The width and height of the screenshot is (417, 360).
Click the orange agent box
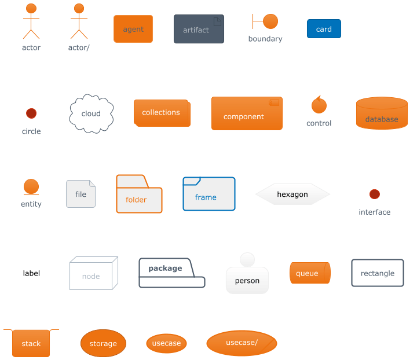pyautogui.click(x=133, y=29)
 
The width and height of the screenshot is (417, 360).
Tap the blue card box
pyautogui.click(x=324, y=29)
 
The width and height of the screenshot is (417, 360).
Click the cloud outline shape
pyautogui.click(x=91, y=113)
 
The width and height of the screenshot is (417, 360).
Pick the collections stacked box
pyautogui.click(x=162, y=113)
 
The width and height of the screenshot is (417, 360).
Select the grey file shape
pyautogui.click(x=81, y=194)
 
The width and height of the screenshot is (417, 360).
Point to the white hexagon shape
pyautogui.click(x=292, y=194)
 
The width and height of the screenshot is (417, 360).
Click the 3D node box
pyautogui.click(x=93, y=274)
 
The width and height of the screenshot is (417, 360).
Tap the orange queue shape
pyautogui.click(x=310, y=273)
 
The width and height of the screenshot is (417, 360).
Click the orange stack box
pyautogui.click(x=31, y=343)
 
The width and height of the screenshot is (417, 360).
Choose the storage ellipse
pyautogui.click(x=103, y=343)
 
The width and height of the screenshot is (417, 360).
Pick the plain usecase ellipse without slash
pyautogui.click(x=166, y=343)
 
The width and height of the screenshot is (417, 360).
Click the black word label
pyautogui.click(x=31, y=273)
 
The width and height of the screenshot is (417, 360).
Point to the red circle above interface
pyautogui.click(x=375, y=194)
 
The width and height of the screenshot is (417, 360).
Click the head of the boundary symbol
pyautogui.click(x=270, y=21)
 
